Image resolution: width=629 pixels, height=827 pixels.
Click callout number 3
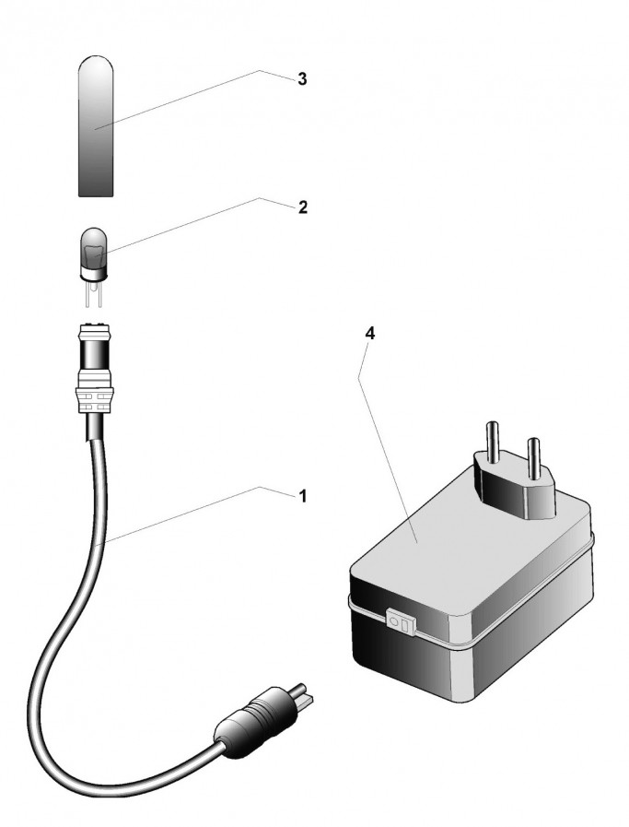coord(301,79)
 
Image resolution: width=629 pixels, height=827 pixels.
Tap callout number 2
coord(301,207)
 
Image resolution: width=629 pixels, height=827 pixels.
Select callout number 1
coord(301,496)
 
